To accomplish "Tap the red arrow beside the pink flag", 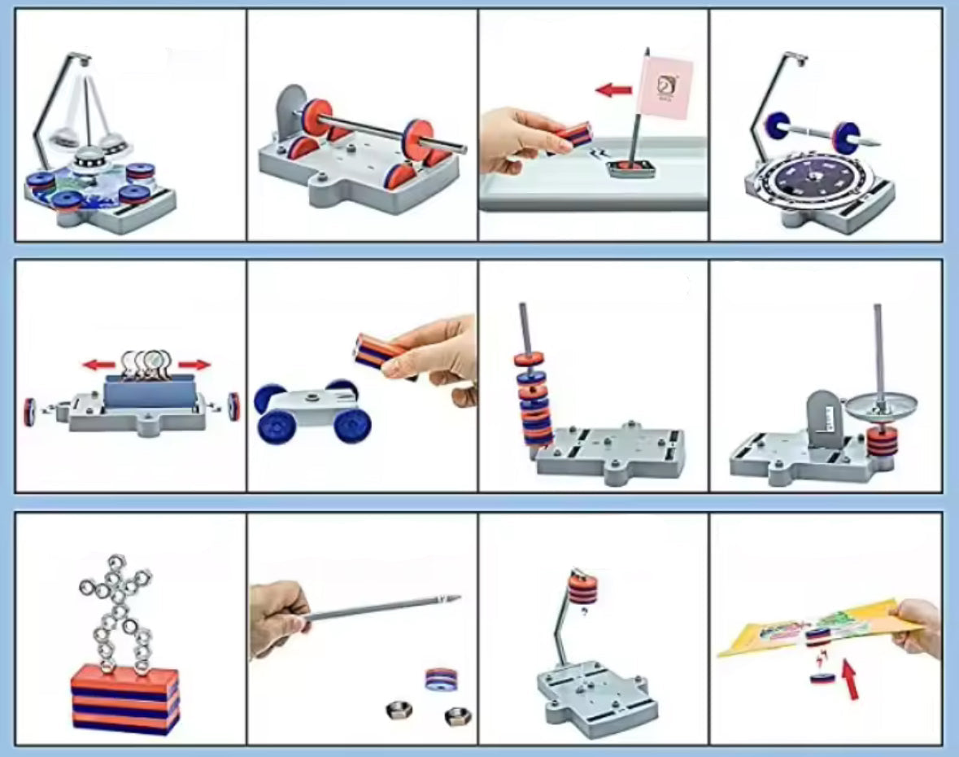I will click(x=613, y=90).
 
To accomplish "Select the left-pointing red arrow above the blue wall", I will click(x=99, y=365).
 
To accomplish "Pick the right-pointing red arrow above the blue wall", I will click(x=194, y=365).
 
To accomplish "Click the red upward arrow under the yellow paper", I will click(x=850, y=680).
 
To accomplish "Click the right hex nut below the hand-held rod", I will click(x=457, y=715).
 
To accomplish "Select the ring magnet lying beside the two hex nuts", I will click(x=440, y=679).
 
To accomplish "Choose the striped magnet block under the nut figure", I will click(x=124, y=698).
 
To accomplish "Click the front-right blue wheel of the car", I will click(x=351, y=424).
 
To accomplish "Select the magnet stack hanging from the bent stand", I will click(x=582, y=588).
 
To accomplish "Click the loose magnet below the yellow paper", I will click(x=822, y=677).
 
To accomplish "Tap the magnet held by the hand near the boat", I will click(x=573, y=136).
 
